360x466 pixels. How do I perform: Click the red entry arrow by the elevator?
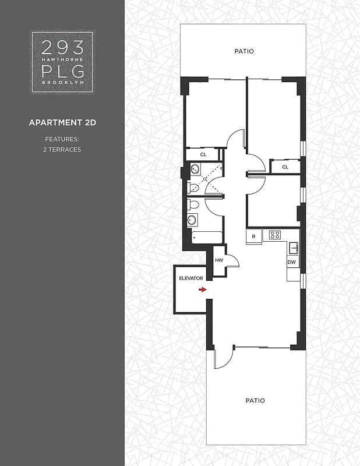click(202, 289)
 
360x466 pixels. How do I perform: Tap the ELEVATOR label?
click(190, 278)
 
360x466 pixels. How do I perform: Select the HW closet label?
click(219, 260)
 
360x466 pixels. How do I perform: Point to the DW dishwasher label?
click(292, 262)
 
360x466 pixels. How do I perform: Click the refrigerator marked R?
click(254, 236)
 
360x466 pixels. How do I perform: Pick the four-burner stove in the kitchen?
click(275, 235)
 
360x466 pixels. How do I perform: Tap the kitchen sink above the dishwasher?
click(294, 248)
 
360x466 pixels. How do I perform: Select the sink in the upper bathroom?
click(195, 170)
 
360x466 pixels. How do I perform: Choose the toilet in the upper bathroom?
click(193, 187)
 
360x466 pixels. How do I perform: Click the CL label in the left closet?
click(203, 155)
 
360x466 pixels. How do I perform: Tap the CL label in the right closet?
click(285, 167)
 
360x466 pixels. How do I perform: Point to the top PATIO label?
click(244, 51)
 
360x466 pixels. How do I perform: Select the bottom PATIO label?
click(255, 400)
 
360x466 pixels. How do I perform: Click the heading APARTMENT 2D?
click(62, 122)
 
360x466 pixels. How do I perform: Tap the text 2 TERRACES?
click(62, 150)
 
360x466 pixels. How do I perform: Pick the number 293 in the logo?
click(62, 46)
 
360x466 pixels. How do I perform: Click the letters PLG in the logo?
click(62, 71)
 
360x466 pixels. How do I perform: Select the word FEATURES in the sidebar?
click(62, 139)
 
